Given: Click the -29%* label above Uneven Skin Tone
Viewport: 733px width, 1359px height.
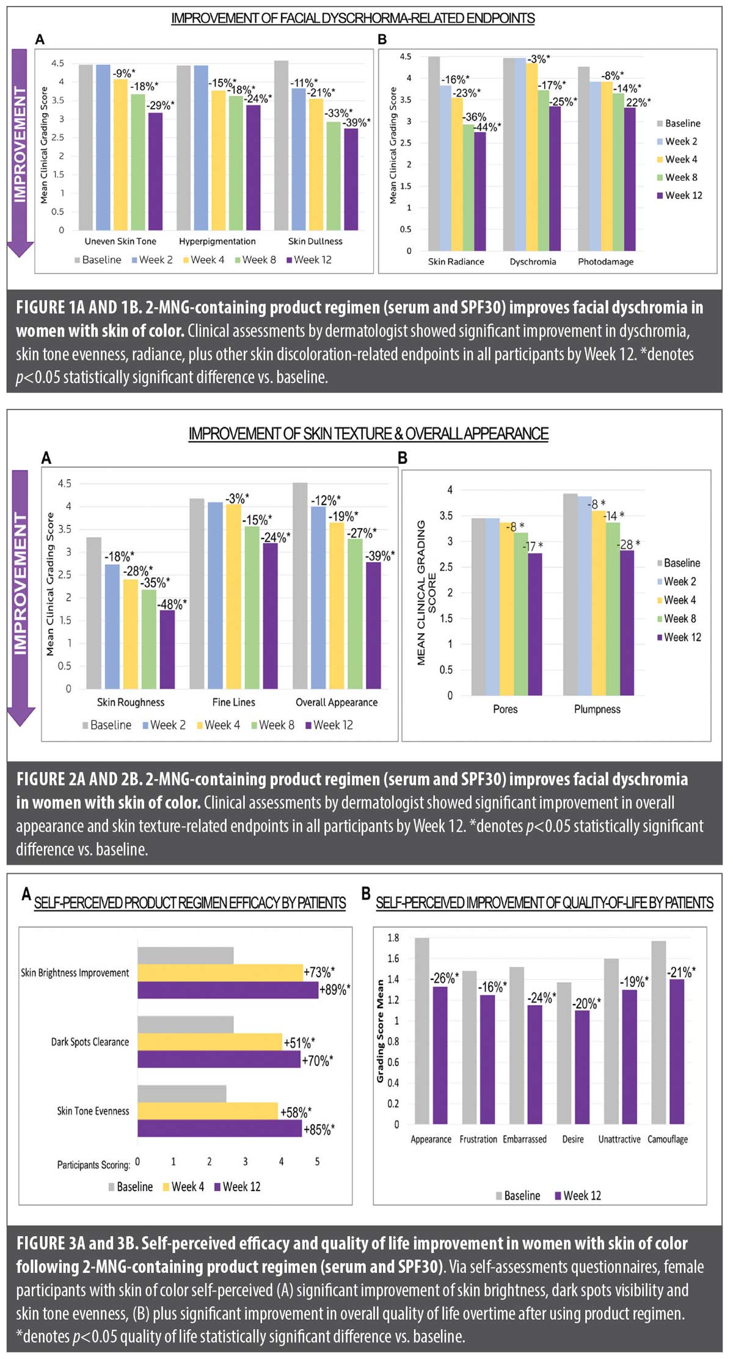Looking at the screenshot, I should click(160, 105).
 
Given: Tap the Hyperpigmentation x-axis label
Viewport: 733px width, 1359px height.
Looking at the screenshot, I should click(217, 241).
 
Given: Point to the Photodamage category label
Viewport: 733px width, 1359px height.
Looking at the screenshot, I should click(605, 262).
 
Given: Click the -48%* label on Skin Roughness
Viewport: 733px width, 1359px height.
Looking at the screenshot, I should click(172, 604).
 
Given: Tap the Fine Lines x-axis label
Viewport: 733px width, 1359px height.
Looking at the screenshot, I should click(234, 702).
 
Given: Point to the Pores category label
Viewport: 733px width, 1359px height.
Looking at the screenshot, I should click(505, 709).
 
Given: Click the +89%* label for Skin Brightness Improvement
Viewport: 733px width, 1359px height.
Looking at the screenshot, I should click(335, 989).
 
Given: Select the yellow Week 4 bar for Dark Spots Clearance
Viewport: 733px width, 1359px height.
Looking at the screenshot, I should click(210, 1041).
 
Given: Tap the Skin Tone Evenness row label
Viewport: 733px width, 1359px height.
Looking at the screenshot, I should click(93, 1111).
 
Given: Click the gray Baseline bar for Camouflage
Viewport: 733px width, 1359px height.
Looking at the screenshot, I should click(658, 1032).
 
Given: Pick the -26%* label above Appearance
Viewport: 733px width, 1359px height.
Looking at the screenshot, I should click(444, 978).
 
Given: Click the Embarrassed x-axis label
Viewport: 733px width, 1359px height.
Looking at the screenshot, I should click(525, 1139).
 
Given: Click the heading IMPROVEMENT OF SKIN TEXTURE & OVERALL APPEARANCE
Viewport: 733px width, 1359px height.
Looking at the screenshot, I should click(368, 433).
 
